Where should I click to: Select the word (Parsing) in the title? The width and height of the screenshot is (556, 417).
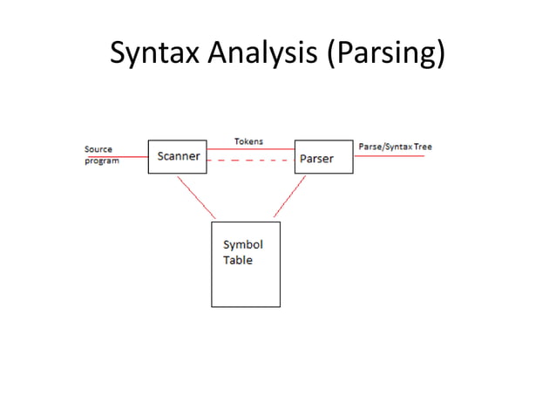coord(386,54)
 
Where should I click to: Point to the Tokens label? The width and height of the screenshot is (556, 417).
coord(248,141)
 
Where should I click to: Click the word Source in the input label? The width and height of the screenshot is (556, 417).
coord(98,149)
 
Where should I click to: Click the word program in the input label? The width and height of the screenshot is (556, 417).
coord(102,161)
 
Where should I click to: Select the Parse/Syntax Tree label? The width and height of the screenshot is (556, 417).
coord(395,147)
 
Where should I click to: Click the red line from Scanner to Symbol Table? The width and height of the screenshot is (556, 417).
coord(196,197)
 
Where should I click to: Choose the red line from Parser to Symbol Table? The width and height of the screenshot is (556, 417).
coord(289,197)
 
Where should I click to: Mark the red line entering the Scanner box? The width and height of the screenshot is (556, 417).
coord(118,156)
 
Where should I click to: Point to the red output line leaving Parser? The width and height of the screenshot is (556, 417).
coord(389,156)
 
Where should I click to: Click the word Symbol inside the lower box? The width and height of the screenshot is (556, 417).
coord(243,245)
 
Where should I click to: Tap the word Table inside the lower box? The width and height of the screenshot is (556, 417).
coord(238,260)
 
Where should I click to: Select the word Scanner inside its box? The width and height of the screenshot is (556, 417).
coord(178,157)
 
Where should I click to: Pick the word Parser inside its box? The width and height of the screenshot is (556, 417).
coord(316,159)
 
